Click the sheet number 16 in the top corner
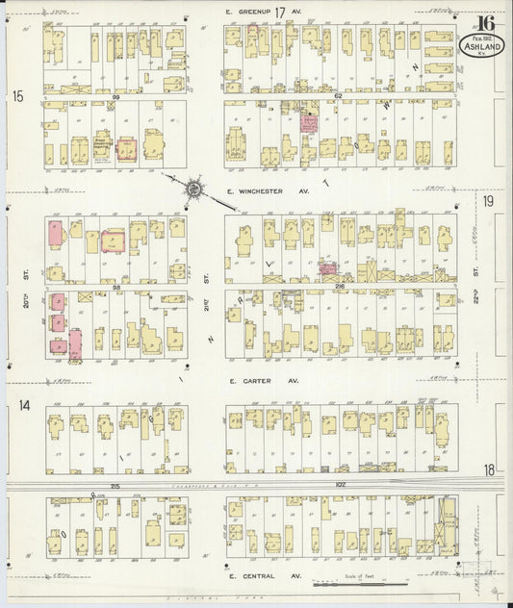point(484,23)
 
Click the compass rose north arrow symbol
point(192,189)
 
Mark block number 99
point(115,97)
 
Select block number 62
point(338,96)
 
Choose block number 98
point(115,287)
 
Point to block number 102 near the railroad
point(339,486)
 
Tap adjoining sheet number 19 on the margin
point(489,201)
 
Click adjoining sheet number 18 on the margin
point(489,469)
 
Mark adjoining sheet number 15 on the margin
point(17,96)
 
